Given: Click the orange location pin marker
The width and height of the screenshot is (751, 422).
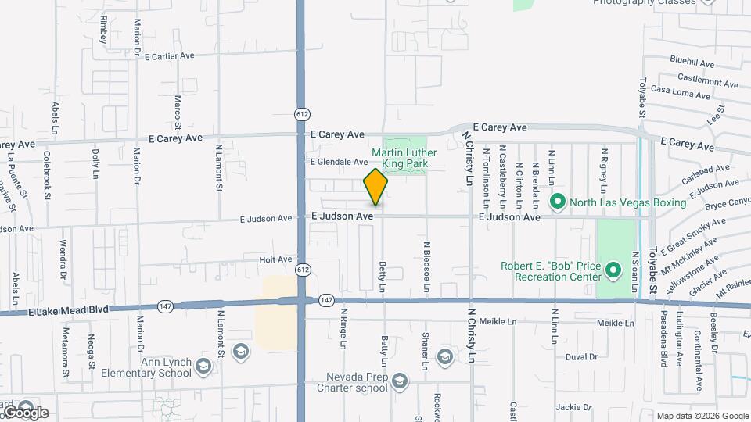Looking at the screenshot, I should pos(375,187).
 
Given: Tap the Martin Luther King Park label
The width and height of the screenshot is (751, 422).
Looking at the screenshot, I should pos(399,159).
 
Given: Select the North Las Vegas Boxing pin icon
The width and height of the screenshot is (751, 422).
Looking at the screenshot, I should pos(558,202).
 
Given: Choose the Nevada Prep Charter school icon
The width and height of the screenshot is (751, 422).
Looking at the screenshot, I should pos(399,381).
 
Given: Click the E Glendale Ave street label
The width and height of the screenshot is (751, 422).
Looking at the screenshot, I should pos(339,163).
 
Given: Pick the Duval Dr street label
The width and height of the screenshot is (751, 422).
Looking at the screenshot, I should pos(581,357).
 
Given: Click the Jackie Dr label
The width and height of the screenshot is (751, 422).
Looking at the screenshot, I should pos(573,407).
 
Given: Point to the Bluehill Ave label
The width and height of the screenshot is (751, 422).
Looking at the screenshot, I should pos(692,62).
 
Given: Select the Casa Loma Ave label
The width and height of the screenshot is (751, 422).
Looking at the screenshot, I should pos(681,91).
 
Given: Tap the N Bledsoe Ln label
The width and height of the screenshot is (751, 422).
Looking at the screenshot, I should pos(427,270).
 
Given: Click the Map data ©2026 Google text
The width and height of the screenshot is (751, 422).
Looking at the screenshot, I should pos(702,416).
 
